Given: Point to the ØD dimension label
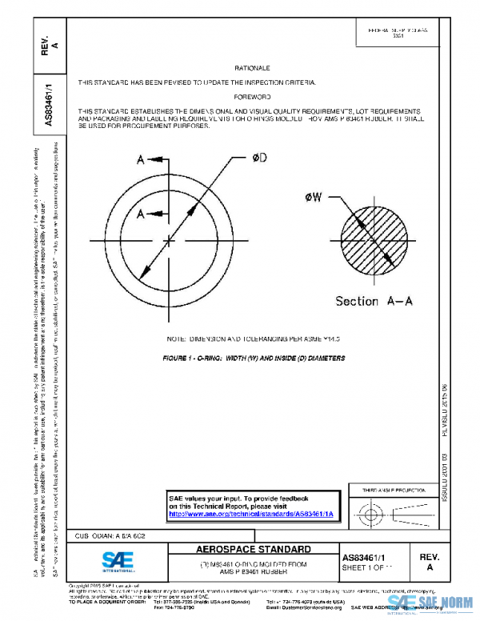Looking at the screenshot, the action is coord(258,158).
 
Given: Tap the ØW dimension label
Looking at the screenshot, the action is coord(314,197).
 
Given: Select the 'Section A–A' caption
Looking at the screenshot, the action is coord(374,301).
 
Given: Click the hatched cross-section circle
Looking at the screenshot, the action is coord(374,238).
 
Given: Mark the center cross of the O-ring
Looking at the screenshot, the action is coord(169,238).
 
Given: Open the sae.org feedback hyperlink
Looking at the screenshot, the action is coord(250,515).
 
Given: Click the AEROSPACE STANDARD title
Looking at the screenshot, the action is coord(254,550).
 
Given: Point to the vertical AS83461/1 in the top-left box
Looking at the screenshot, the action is coord(50,104).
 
